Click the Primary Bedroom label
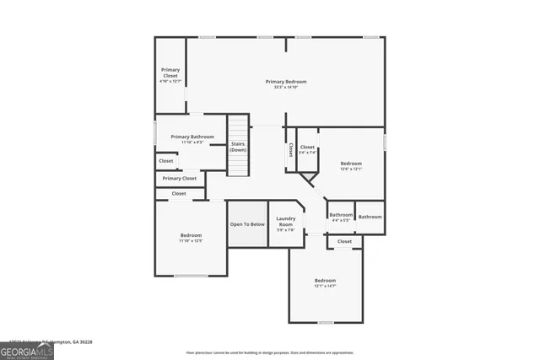point(286,83)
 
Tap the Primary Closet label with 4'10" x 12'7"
point(170,75)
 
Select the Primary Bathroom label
point(192,139)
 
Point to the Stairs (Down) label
point(238,147)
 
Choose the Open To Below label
point(247,224)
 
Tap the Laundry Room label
point(286,225)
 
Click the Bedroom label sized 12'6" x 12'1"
point(351,165)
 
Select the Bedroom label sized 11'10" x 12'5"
point(191,237)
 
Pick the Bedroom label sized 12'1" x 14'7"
point(326,282)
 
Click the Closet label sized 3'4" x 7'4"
point(307,149)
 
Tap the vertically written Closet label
point(291,149)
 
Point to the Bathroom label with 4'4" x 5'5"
point(341,217)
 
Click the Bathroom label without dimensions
point(370,217)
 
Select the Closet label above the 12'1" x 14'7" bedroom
point(344,242)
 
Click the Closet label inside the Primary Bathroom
point(165,161)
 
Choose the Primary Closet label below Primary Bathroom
point(180,179)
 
